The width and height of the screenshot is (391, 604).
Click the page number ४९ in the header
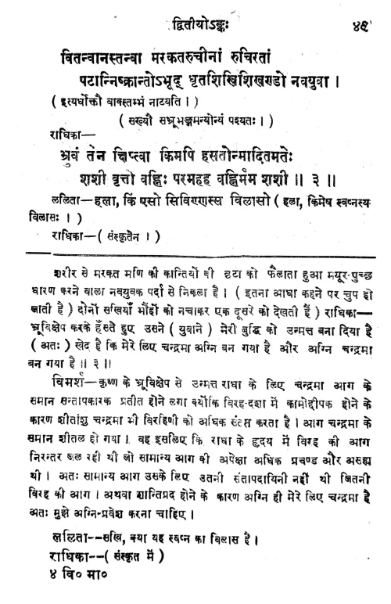363,12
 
